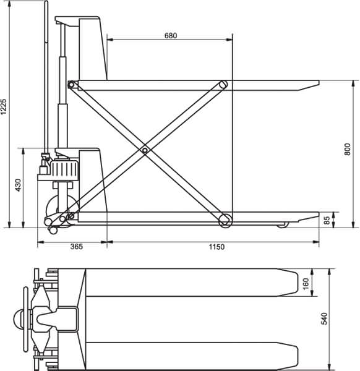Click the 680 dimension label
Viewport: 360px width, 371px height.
171,35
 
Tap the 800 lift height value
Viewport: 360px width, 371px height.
348,148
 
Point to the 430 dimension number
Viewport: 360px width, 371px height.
18,184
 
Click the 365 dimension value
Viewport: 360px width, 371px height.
76,247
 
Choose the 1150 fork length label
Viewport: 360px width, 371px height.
216,247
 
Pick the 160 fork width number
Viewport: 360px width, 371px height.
306,283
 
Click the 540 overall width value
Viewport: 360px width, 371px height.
324,319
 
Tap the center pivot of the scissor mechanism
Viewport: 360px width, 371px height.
145,150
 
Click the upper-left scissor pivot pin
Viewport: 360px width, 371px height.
71,84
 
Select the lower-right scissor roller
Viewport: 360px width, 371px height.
225,218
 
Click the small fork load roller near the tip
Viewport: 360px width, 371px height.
283,224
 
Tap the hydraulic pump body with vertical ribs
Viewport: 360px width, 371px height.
66,169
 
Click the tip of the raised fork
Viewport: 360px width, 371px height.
317,82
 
